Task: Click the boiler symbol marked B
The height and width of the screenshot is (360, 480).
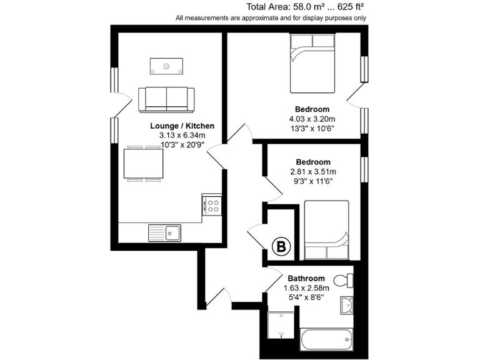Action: click(282, 248)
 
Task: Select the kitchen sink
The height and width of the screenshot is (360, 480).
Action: click(164, 232)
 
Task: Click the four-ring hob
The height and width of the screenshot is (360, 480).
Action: click(212, 205)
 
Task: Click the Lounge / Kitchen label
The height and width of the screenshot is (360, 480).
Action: click(182, 126)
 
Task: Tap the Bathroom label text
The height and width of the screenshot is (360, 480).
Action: click(306, 279)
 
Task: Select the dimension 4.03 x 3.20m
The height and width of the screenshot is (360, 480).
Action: click(312, 119)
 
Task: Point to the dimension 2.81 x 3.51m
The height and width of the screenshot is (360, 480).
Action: click(313, 172)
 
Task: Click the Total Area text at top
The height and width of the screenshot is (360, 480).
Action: click(304, 7)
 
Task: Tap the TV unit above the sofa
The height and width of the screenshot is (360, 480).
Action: click(167, 65)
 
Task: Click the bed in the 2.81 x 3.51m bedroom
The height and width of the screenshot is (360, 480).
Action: click(326, 230)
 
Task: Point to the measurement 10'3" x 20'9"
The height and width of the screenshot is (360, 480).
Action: click(182, 144)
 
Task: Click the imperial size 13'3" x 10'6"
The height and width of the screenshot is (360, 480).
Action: click(312, 129)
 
